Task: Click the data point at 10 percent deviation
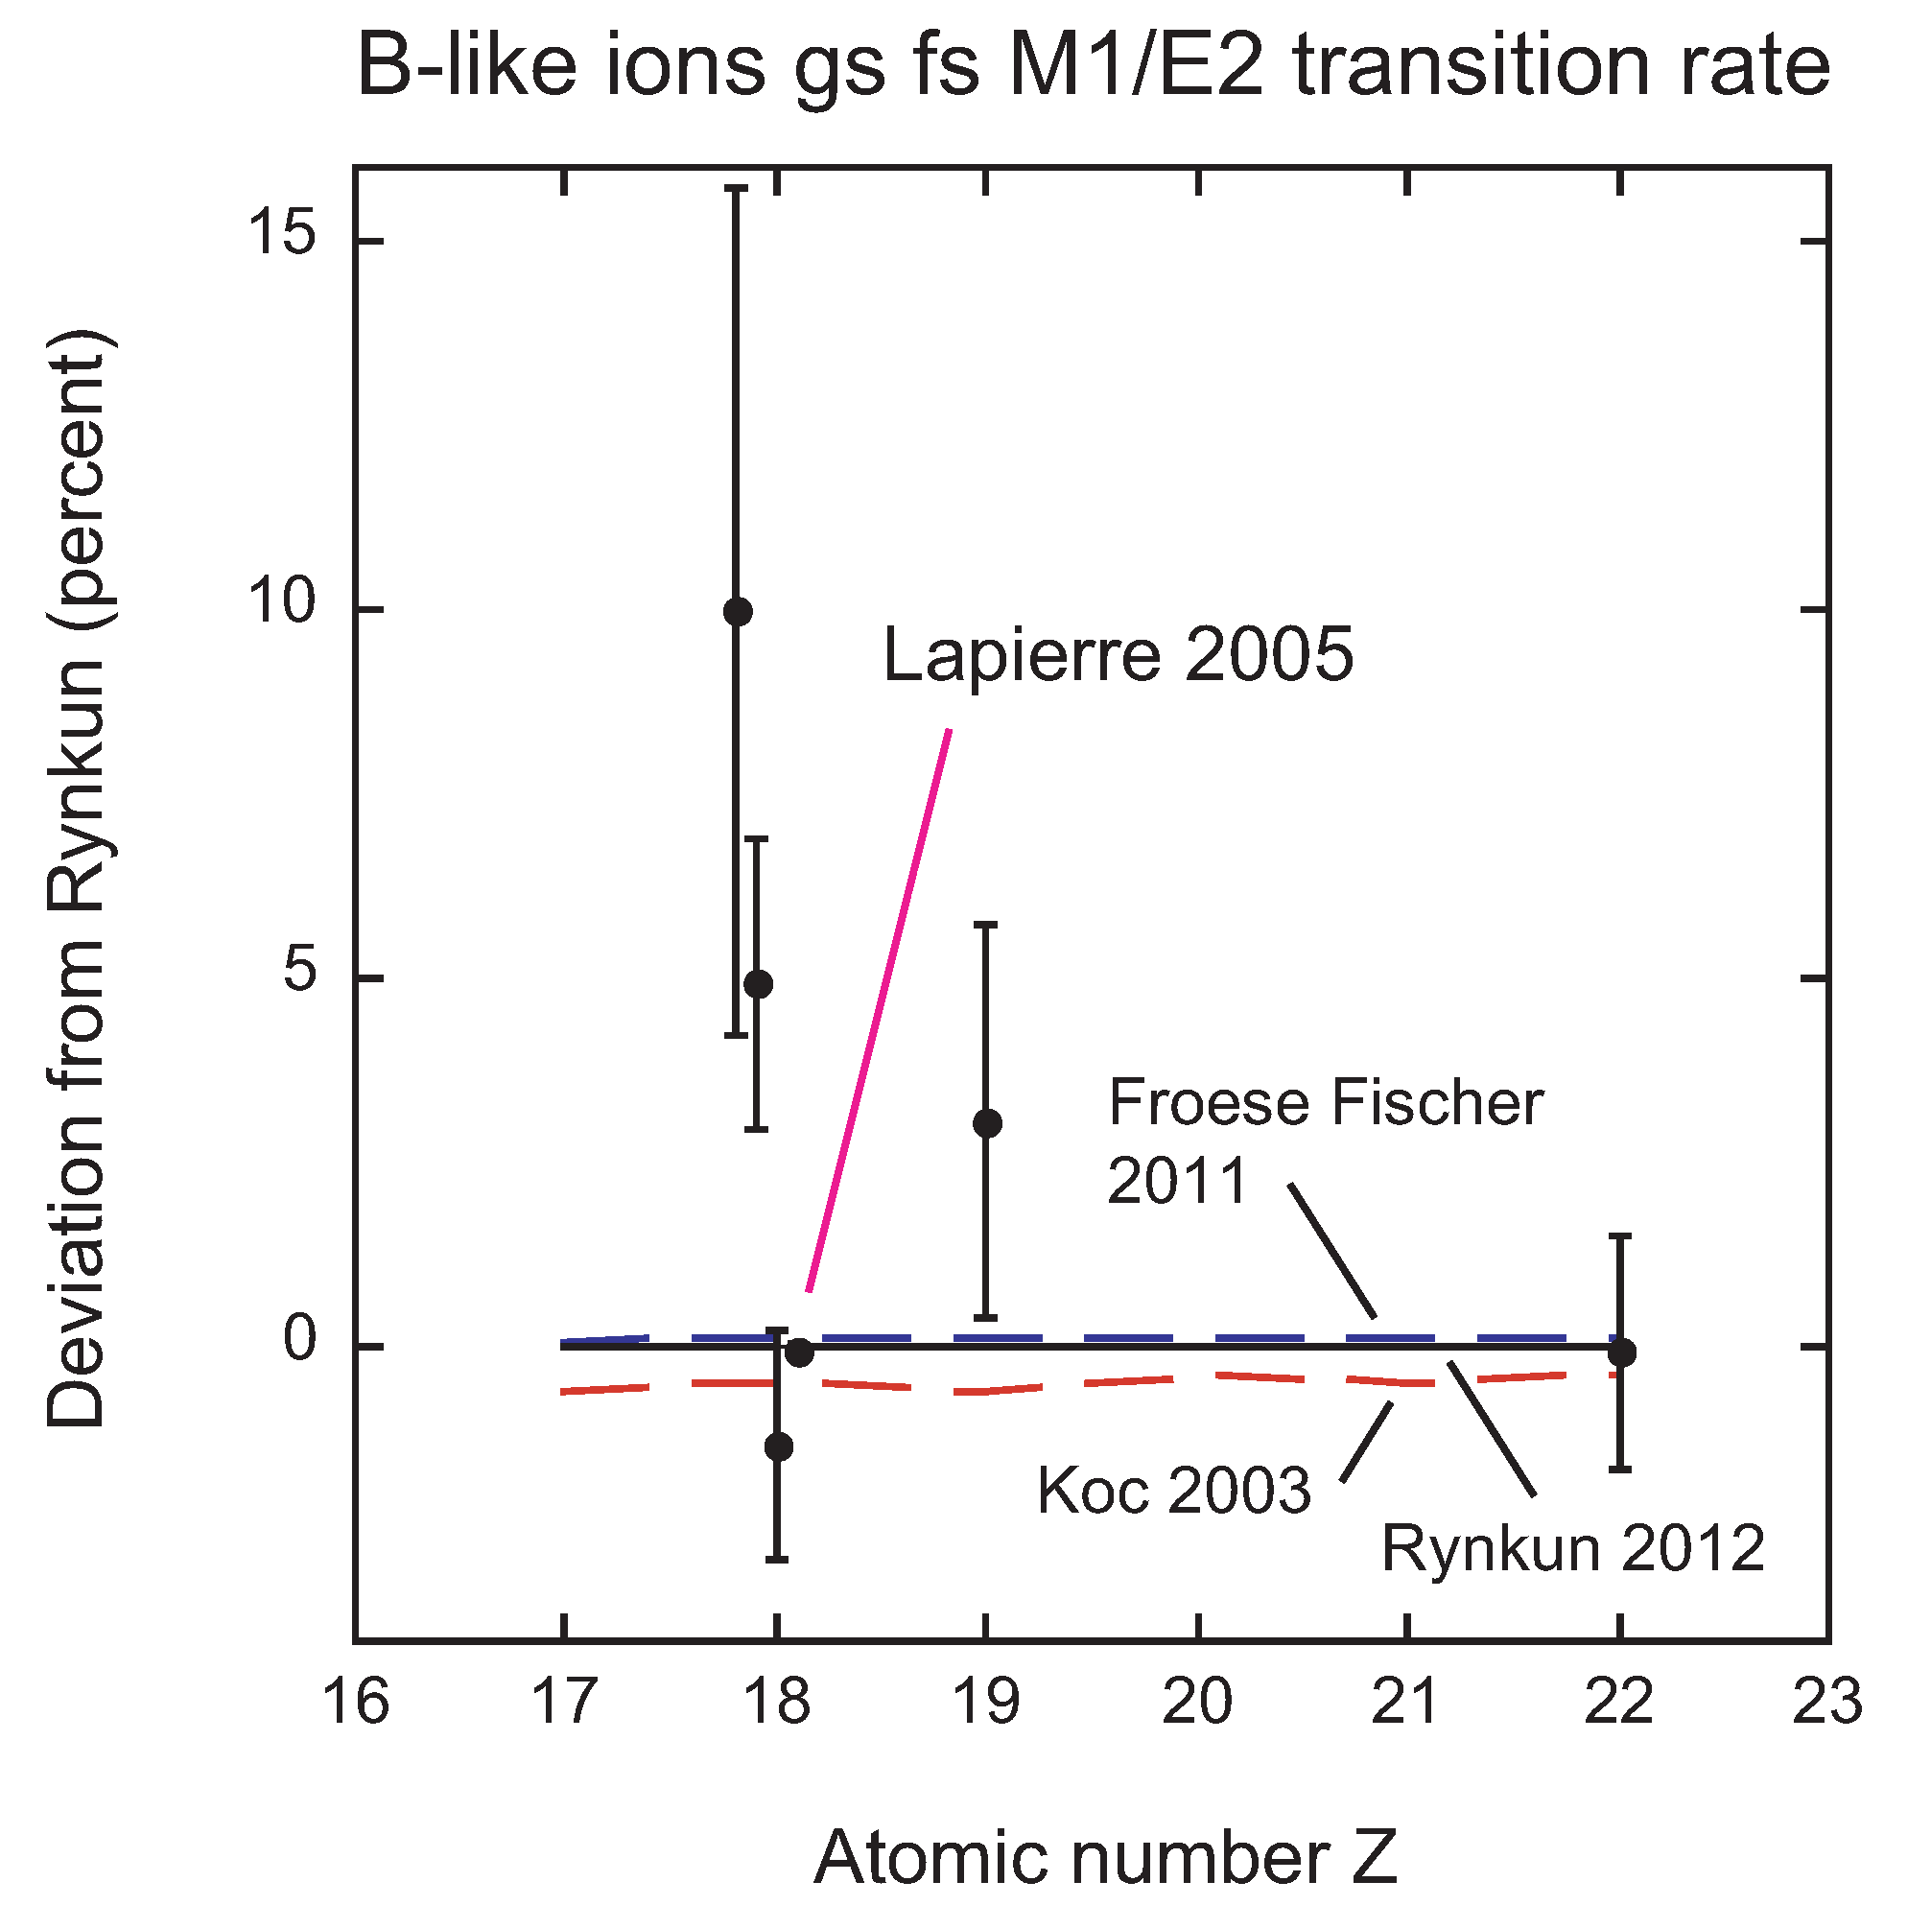tap(738, 612)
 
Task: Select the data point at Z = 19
tap(987, 1123)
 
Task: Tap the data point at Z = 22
tap(1621, 1353)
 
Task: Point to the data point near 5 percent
tap(759, 984)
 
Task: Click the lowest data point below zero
tap(779, 1446)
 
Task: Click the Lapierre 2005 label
tap(1118, 656)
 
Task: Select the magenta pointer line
tap(880, 1009)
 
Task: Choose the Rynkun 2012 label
tap(1572, 1549)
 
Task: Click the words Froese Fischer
tap(1326, 1103)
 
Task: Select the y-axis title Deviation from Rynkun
tap(76, 880)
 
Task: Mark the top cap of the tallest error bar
tap(737, 188)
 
